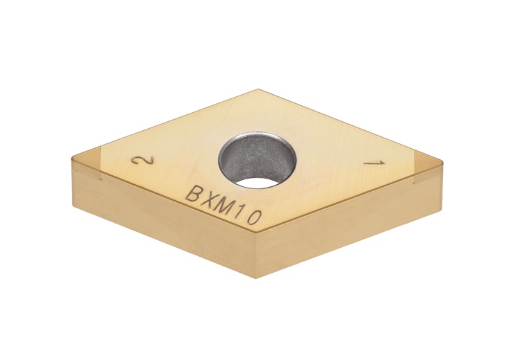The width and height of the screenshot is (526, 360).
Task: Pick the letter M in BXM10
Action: point(223,207)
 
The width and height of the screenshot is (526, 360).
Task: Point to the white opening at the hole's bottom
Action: point(261,183)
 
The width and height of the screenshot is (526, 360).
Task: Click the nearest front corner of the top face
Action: point(256,237)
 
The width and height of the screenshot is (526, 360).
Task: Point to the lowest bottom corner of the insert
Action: point(256,278)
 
